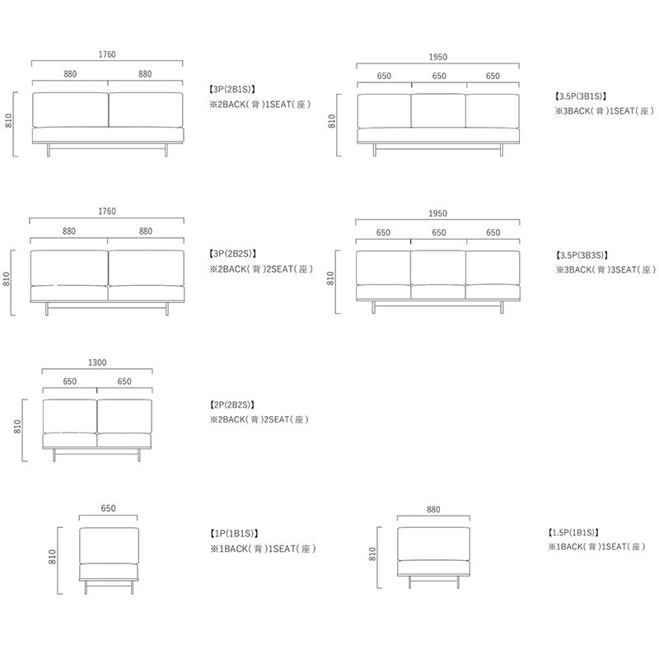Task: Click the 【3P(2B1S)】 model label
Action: point(232,89)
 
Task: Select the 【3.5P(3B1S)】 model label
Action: point(581,96)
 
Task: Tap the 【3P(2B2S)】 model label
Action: point(232,254)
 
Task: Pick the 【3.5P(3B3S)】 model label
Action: point(582,255)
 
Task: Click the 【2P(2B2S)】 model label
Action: point(232,404)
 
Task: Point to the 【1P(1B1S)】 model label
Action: point(234,533)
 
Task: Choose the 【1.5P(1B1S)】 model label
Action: point(573,532)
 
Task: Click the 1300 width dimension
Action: point(97,362)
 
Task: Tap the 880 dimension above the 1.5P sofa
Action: point(433,509)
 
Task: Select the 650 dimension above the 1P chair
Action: point(108,508)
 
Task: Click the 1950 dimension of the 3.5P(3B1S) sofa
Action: point(438,57)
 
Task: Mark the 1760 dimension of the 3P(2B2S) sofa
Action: point(107,211)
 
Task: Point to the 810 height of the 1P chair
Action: point(52,557)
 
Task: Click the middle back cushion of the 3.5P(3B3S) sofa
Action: point(438,268)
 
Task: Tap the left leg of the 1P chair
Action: point(86,587)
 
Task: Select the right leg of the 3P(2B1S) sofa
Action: point(166,150)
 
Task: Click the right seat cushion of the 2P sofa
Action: point(124,440)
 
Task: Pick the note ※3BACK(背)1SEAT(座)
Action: point(605,111)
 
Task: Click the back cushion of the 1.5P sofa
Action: point(434,544)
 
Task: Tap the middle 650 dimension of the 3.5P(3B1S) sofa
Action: point(439,76)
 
